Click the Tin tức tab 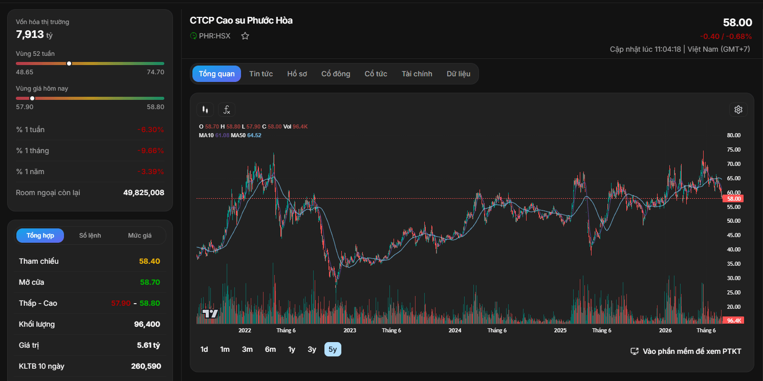pos(261,74)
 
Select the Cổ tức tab pos(376,74)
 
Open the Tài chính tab pos(417,74)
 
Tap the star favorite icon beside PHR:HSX pos(245,36)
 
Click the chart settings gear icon pos(738,110)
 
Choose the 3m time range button pos(247,349)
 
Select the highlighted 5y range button pos(333,349)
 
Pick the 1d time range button pos(204,349)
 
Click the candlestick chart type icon pos(205,110)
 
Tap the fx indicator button pos(227,110)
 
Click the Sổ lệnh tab pos(90,236)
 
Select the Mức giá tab pos(140,236)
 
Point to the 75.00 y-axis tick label pos(733,150)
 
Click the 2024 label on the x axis pos(455,330)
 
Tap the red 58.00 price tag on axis pos(733,199)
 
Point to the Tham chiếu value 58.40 pos(149,261)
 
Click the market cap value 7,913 pos(30,34)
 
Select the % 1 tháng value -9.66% pos(150,151)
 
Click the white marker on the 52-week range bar pos(69,63)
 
